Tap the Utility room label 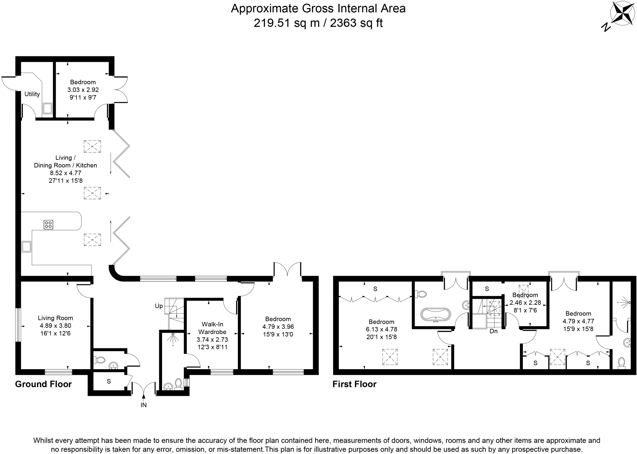point(32,94)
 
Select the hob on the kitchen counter point(48,224)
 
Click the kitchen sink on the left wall point(26,246)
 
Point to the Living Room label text point(55,318)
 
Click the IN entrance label point(143,405)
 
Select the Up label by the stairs point(159,306)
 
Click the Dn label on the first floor point(493,331)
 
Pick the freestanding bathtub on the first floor point(435,314)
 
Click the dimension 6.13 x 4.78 point(381,329)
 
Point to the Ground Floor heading point(43,384)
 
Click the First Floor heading point(354,384)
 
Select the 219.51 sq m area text point(286,23)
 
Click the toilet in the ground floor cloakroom point(100,360)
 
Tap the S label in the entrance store point(109,381)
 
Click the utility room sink point(47,109)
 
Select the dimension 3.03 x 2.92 point(83,90)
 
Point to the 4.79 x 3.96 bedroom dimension point(278,327)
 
